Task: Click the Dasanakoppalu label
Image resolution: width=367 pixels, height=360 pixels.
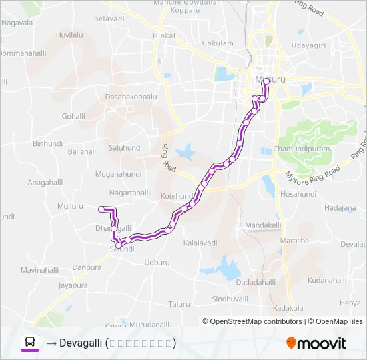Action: (131, 97)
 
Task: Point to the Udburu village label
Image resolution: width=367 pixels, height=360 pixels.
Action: (157, 262)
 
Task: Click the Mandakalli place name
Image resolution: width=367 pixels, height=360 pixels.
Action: (263, 225)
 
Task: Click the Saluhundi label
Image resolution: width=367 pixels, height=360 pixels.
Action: (125, 147)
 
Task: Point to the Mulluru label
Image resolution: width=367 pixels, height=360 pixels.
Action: (70, 207)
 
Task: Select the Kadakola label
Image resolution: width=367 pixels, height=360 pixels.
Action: (288, 308)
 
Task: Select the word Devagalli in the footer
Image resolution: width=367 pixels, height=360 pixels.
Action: (79, 343)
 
